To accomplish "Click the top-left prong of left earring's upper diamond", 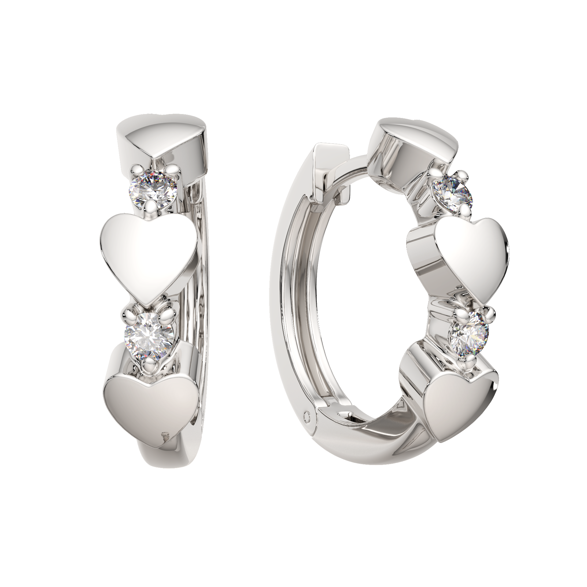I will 135,169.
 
